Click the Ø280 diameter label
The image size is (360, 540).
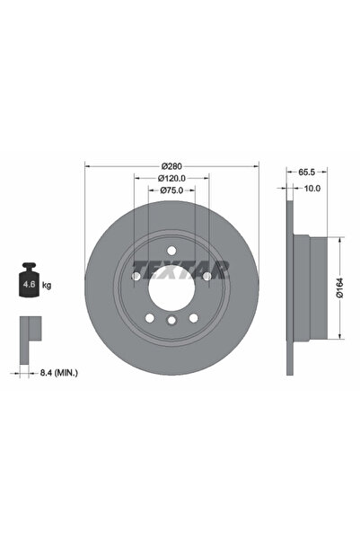coord(172,167)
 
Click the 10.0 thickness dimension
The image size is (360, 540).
coord(311,189)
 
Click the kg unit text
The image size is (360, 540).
coord(46,285)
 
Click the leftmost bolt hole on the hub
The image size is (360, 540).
coord(136,278)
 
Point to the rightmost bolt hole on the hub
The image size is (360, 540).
coord(207,278)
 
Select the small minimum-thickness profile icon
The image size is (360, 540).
coord(29,329)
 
